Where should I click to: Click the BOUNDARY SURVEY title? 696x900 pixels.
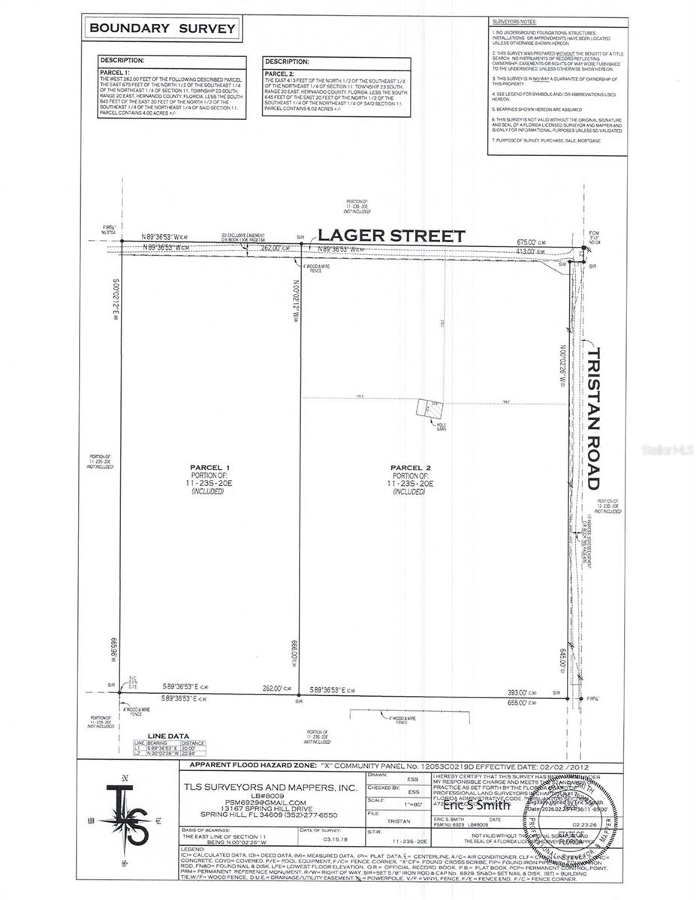pos(162,29)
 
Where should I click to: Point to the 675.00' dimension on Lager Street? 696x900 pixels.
pos(529,242)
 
